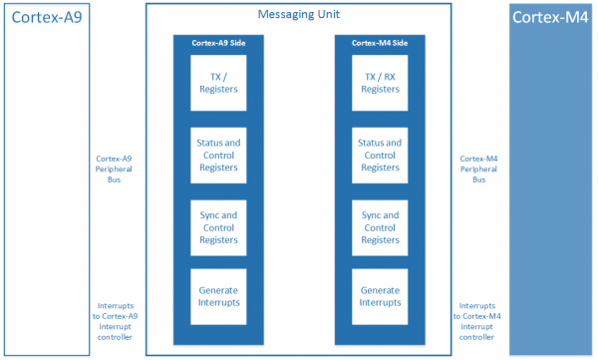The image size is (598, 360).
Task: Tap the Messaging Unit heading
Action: [299, 15]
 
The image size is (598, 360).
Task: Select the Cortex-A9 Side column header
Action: [218, 43]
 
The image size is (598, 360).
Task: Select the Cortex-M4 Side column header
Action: [380, 43]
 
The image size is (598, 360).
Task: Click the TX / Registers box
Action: [218, 82]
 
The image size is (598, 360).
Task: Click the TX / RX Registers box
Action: [380, 82]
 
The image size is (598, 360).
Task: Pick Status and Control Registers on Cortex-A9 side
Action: [218, 155]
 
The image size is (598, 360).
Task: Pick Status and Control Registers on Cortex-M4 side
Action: [380, 155]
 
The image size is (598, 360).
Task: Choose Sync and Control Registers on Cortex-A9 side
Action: [218, 227]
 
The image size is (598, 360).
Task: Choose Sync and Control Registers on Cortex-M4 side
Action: [380, 227]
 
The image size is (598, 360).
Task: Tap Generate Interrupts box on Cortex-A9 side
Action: [218, 296]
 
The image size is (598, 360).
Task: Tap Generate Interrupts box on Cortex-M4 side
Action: [380, 296]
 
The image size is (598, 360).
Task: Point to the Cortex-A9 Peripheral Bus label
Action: [115, 170]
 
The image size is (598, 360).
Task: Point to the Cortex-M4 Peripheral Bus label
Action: [479, 170]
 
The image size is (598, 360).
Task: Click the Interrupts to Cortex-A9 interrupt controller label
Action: [115, 321]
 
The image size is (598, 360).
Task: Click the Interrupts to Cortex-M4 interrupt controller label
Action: [479, 321]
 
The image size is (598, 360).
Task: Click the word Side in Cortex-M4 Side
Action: [398, 43]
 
